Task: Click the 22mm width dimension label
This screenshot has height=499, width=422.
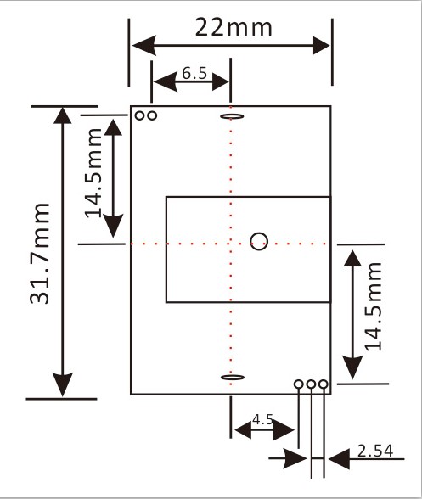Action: tap(234, 27)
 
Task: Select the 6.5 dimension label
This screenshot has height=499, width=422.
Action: tap(194, 73)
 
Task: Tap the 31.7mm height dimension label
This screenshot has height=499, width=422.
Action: tap(40, 253)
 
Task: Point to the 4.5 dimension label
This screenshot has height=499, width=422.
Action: tap(262, 419)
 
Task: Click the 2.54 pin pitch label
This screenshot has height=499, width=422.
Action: tap(375, 451)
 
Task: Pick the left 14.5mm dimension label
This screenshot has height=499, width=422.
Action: tap(93, 173)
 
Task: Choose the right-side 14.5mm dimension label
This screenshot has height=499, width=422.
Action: tap(373, 306)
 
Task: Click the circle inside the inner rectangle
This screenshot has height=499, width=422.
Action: tap(259, 242)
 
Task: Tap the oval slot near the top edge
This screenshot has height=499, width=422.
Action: tap(232, 116)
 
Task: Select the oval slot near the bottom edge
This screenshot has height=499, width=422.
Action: tap(233, 378)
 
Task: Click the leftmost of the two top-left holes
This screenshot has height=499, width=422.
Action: tap(140, 115)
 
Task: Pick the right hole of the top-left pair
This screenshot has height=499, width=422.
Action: tap(152, 115)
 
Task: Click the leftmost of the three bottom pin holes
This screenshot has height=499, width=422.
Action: tap(298, 384)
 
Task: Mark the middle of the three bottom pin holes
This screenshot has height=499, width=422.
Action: tap(311, 384)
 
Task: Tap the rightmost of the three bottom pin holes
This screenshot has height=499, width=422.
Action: tap(323, 384)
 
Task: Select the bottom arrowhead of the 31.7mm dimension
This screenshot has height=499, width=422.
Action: tap(63, 384)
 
